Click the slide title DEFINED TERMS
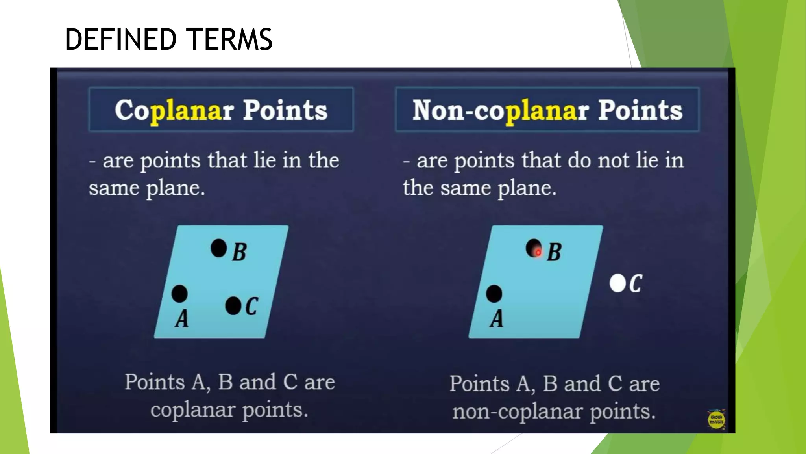(x=168, y=39)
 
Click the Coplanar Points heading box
(x=221, y=110)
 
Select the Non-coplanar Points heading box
(x=547, y=110)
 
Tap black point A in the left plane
(x=179, y=294)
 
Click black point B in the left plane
(x=219, y=248)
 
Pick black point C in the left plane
(x=233, y=306)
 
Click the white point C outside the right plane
(x=617, y=283)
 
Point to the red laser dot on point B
(x=538, y=252)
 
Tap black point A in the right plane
(x=494, y=294)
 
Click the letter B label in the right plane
(x=555, y=252)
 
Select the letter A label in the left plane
(x=182, y=319)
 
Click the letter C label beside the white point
(x=636, y=283)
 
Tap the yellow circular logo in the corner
(x=716, y=420)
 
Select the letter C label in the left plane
(x=252, y=306)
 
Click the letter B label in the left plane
(x=239, y=252)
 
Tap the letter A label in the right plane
(x=497, y=319)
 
